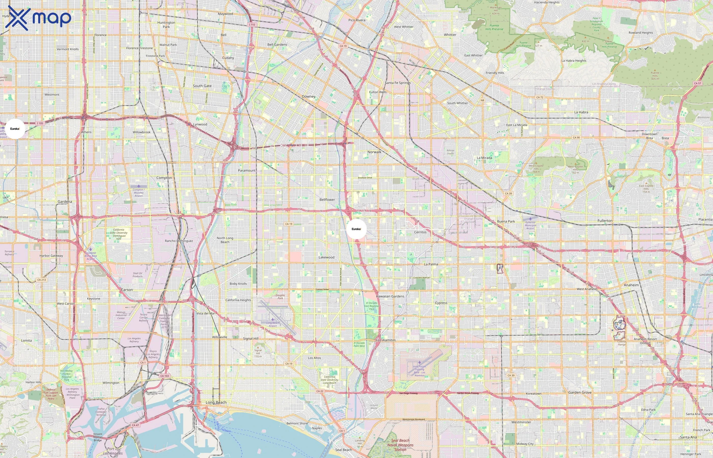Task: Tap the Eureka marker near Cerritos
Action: click(356, 229)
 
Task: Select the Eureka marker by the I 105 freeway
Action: click(15, 129)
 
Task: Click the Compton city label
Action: click(164, 178)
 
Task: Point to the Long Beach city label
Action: click(216, 402)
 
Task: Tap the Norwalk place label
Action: click(374, 152)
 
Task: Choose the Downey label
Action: click(308, 96)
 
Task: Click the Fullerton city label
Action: click(605, 221)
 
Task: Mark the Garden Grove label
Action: click(580, 392)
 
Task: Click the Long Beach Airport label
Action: click(272, 324)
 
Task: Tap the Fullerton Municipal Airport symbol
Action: click(530, 219)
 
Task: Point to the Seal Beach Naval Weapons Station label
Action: click(400, 445)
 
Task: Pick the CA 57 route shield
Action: click(697, 83)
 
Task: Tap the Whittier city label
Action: click(450, 35)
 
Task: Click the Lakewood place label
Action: click(326, 257)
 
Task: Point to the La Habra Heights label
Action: click(573, 61)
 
